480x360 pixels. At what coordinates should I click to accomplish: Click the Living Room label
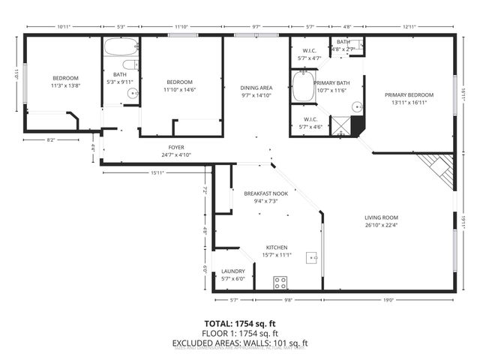coord(381,217)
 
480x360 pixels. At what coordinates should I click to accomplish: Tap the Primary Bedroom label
coord(409,95)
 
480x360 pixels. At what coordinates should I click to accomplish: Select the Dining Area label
coord(256,88)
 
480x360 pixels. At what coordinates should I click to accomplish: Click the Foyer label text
coord(176,148)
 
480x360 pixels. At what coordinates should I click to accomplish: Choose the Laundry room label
coord(232,271)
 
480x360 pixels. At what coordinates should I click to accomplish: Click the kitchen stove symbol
coord(281,283)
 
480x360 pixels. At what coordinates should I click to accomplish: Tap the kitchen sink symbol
coord(313,258)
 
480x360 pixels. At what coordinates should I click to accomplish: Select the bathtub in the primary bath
coord(303,86)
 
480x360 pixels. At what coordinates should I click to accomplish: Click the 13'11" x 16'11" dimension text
coord(409,103)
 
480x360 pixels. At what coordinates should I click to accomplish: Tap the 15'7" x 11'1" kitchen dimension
coord(277,256)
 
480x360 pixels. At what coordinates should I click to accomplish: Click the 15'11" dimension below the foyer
coord(157,173)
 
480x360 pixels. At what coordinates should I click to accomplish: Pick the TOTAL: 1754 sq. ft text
coord(240,324)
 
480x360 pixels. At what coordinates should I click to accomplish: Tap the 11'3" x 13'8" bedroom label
coord(64,86)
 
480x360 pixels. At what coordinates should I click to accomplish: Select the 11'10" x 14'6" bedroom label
coord(180,90)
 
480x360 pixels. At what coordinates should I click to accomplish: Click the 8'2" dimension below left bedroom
coord(52,140)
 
